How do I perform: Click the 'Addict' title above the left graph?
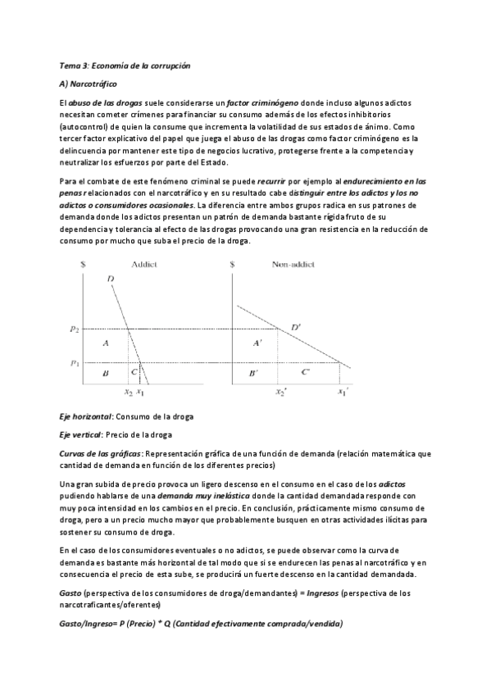point(143,265)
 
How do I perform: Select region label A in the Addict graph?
point(106,344)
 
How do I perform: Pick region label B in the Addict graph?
point(106,374)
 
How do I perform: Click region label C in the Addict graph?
point(134,374)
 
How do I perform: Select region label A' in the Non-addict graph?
point(258,344)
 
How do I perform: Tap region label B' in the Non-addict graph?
point(253,374)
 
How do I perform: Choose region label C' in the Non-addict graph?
point(306,374)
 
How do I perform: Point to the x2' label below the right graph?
point(280,393)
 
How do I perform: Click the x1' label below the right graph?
point(343,393)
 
